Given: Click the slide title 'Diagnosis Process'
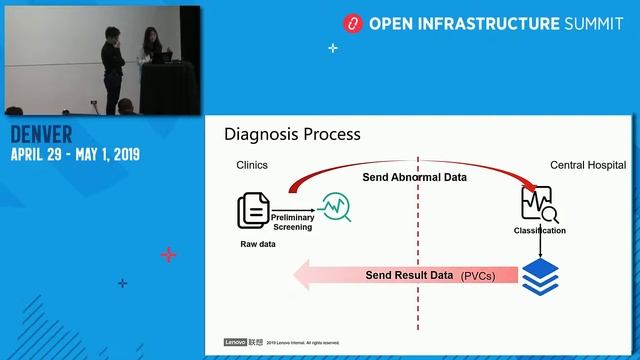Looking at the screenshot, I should pyautogui.click(x=292, y=134).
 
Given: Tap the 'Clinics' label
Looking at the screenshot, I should pyautogui.click(x=251, y=165).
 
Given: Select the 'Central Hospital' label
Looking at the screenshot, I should pyautogui.click(x=588, y=165).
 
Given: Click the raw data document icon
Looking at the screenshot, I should pyautogui.click(x=252, y=211).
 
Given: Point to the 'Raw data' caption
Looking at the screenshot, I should pyautogui.click(x=258, y=244).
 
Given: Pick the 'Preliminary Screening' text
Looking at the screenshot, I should pyautogui.click(x=292, y=221).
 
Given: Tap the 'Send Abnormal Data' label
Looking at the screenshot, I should pyautogui.click(x=414, y=177).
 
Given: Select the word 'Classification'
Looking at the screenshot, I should pyautogui.click(x=540, y=231).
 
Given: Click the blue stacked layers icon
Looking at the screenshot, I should pyautogui.click(x=541, y=274).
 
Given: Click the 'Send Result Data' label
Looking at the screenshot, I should pyautogui.click(x=409, y=274).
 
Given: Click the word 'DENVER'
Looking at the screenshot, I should pyautogui.click(x=43, y=135).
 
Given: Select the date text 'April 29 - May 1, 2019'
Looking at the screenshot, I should pyautogui.click(x=75, y=155).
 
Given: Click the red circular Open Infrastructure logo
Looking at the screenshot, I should pyautogui.click(x=352, y=22).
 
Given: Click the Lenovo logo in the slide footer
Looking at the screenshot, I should pyautogui.click(x=234, y=342).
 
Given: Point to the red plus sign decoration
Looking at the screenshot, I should pyautogui.click(x=168, y=255).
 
